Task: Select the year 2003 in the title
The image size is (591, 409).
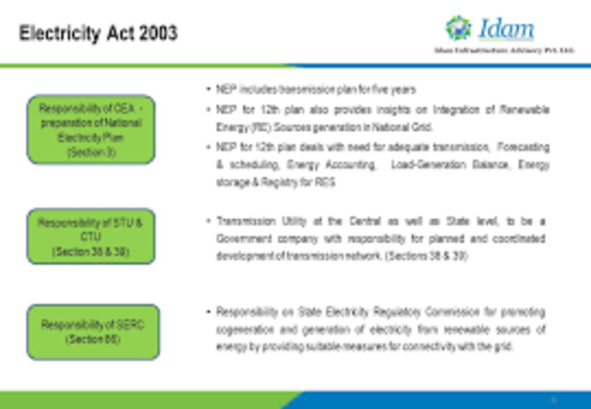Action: [157, 34]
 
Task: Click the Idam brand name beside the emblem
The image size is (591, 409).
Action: [504, 27]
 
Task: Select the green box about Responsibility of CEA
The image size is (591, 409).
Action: [91, 129]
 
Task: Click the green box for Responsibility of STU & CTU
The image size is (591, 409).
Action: [91, 236]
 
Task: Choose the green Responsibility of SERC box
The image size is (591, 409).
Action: [91, 331]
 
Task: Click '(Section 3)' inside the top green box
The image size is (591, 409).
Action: [91, 152]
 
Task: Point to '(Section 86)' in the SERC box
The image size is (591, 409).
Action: [91, 340]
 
